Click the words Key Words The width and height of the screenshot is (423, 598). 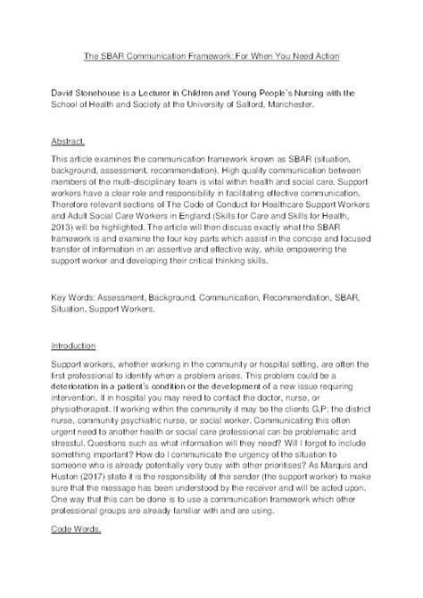coord(76,296)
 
